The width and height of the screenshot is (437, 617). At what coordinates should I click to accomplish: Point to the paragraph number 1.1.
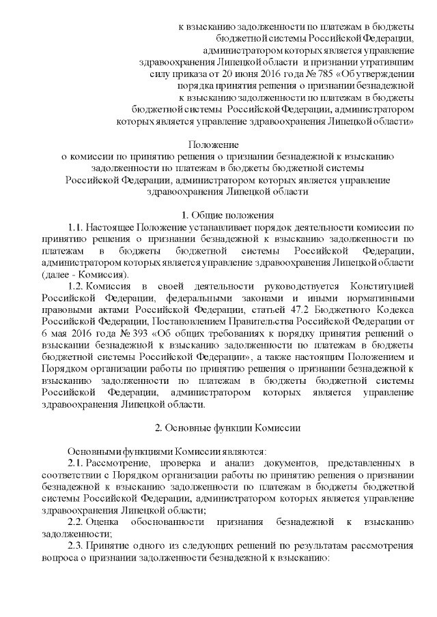coord(75,226)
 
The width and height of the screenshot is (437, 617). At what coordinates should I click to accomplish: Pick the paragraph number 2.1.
coord(75,464)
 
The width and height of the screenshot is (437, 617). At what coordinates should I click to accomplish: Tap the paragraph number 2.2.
coord(75,521)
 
